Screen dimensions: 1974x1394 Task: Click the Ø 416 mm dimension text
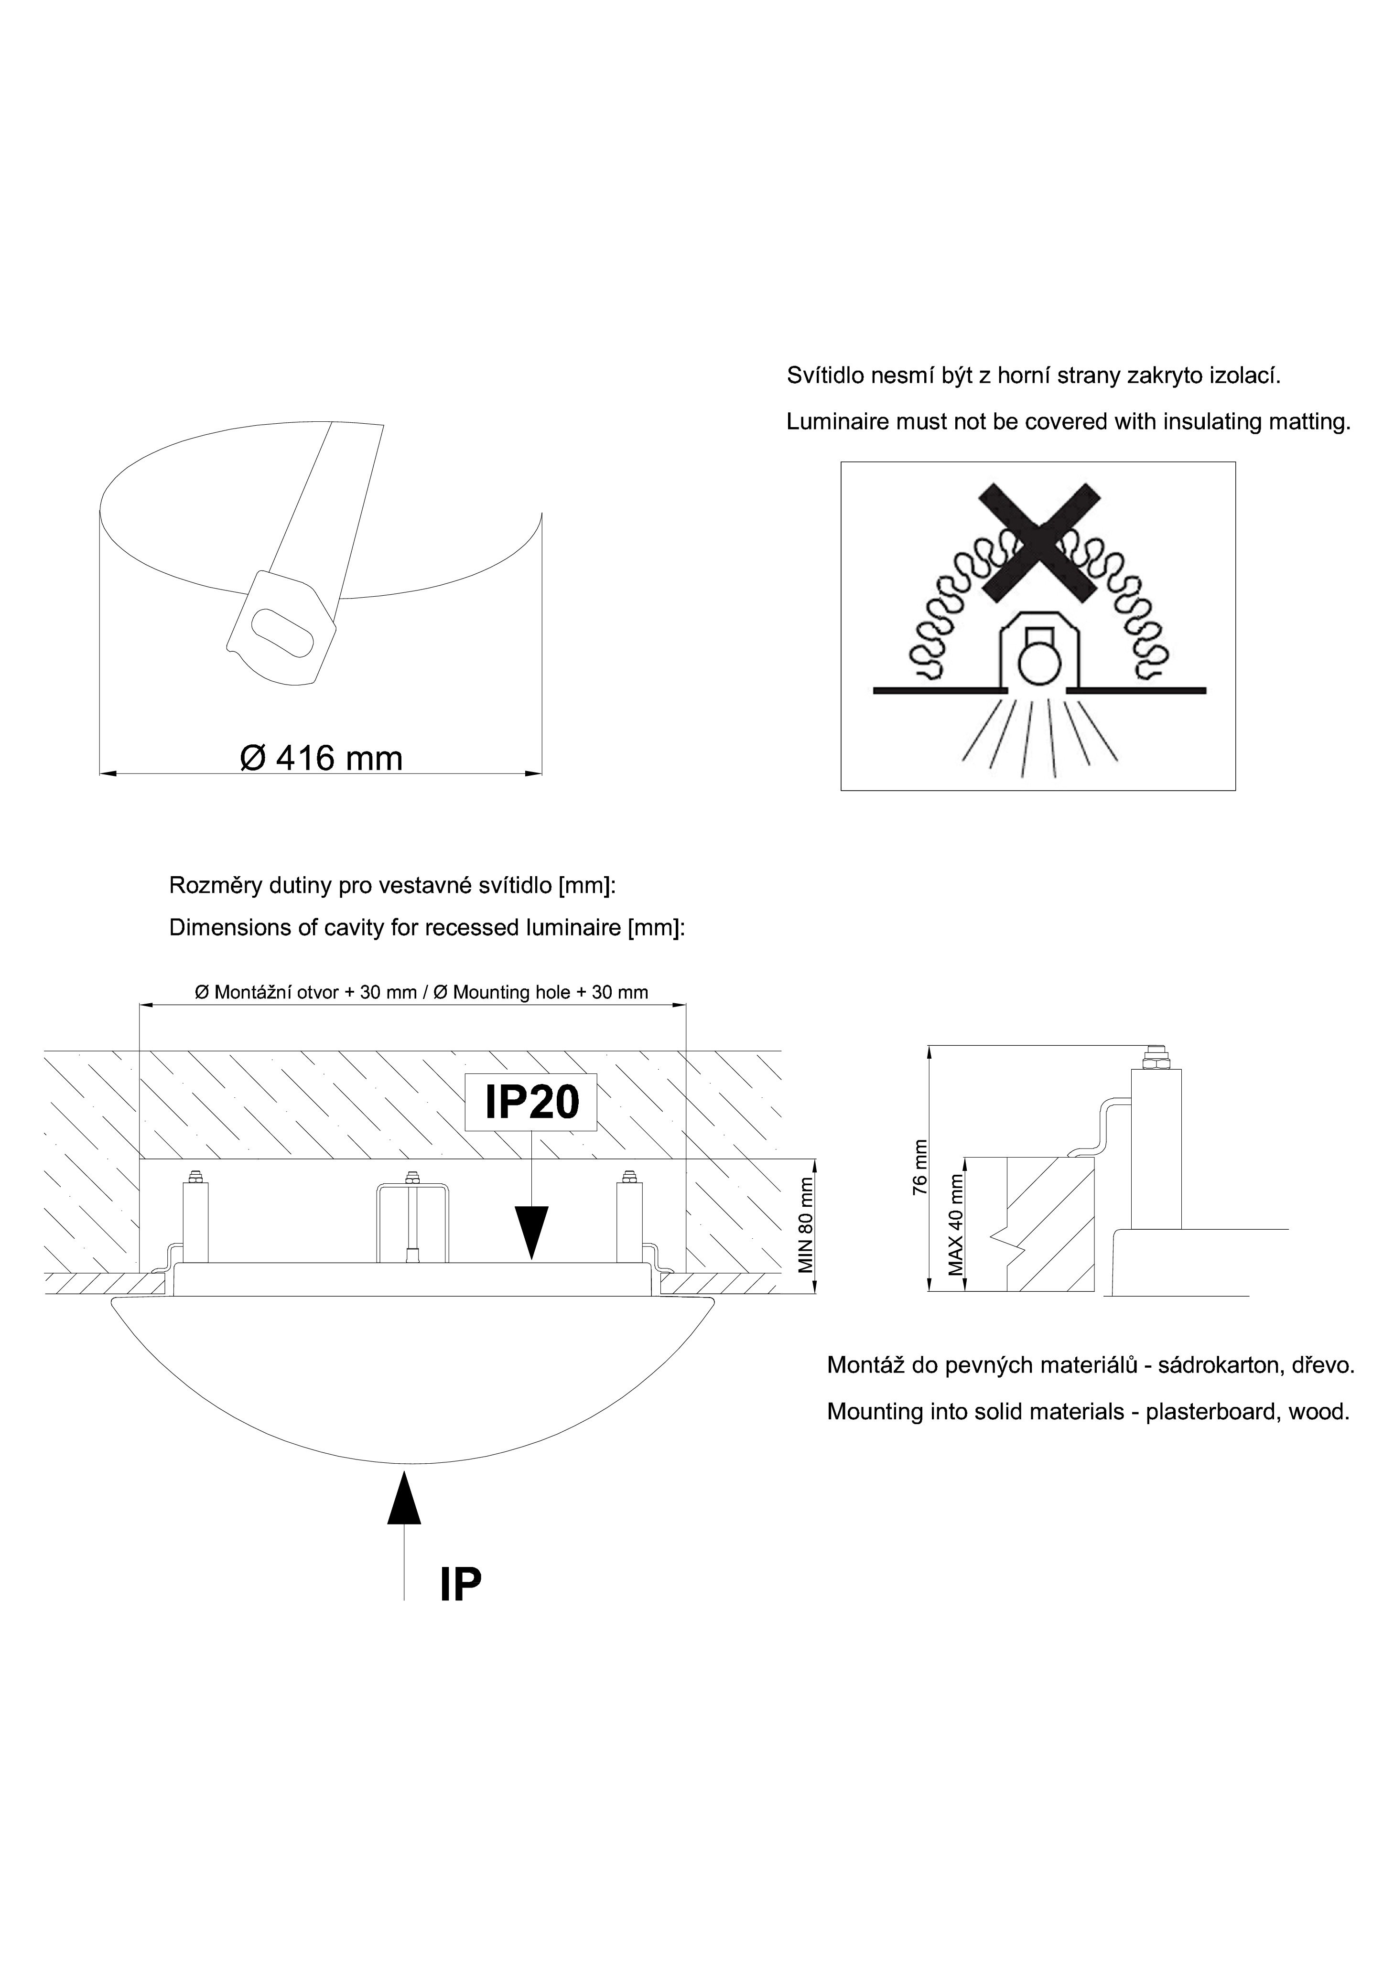pos(321,758)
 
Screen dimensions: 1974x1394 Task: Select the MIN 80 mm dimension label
pos(806,1225)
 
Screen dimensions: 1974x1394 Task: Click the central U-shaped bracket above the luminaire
pos(413,1222)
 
